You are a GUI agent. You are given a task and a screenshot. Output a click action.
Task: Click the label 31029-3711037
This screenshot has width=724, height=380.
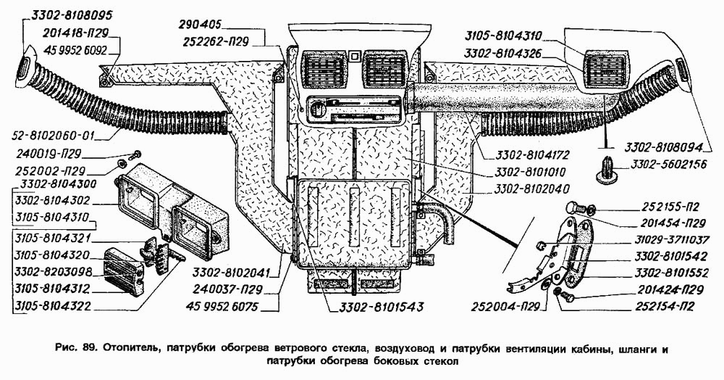point(673,239)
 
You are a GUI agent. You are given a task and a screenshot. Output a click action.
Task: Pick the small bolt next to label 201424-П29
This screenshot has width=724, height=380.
point(568,297)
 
